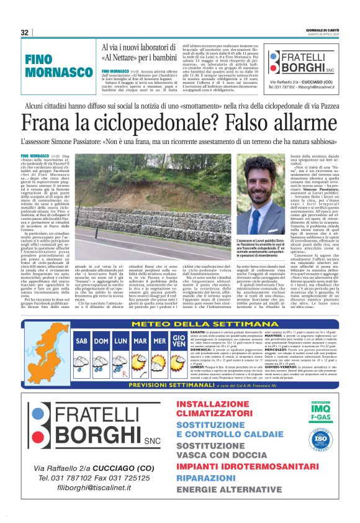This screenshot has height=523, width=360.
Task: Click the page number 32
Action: pyautogui.click(x=25, y=32)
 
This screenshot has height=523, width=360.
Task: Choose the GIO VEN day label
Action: pyautogui.click(x=179, y=340)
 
